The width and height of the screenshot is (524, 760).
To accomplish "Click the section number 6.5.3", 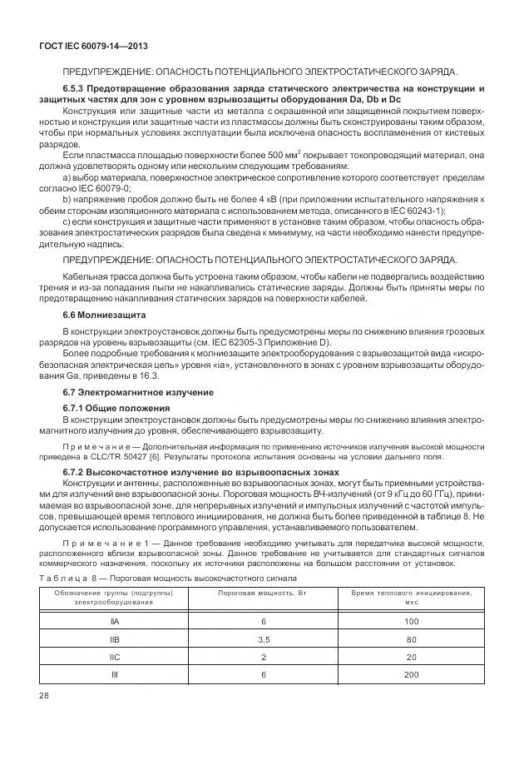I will [76, 87].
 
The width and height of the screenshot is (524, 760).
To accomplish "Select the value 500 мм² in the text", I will [266, 154].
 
